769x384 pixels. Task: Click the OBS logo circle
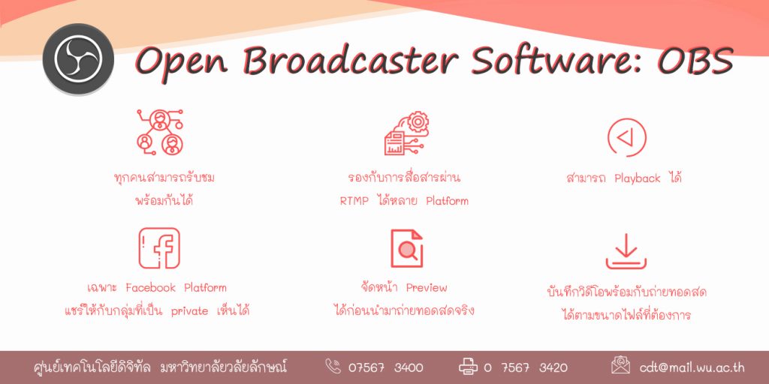point(78,58)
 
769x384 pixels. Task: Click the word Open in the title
point(181,61)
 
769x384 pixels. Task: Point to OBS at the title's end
point(695,61)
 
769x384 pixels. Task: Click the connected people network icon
point(160,132)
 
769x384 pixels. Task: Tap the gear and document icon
point(406,133)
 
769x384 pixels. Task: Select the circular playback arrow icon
point(627,138)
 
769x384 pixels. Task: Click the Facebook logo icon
point(159,248)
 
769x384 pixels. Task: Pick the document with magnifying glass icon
point(406,248)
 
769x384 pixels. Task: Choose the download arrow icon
point(626,251)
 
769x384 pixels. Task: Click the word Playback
point(638,178)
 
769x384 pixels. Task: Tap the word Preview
point(427,288)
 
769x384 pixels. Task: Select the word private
point(189,311)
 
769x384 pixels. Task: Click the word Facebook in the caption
point(150,287)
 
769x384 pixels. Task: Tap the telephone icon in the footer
point(333,366)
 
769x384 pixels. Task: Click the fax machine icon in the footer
point(468,366)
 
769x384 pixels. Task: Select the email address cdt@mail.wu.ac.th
point(692,367)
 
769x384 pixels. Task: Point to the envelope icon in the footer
point(620,365)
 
